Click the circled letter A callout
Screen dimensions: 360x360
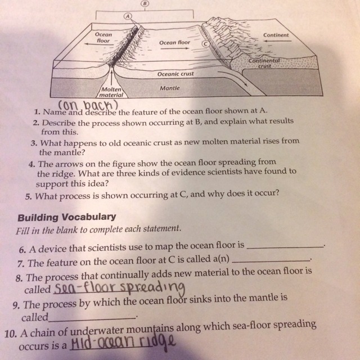coord(128,16)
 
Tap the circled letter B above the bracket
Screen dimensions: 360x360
coord(145,3)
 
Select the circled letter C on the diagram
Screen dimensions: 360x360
coord(205,44)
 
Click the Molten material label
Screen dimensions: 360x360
coord(111,92)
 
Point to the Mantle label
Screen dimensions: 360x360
coord(170,88)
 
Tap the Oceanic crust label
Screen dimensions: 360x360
coord(175,74)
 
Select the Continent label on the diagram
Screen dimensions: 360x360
coord(276,35)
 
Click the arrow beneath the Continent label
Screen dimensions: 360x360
coord(277,41)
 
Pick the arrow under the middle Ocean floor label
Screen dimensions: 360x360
coord(174,48)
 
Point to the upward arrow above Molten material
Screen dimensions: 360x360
coord(112,78)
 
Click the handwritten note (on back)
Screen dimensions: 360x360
coord(88,105)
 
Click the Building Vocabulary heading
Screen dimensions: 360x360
coord(67,217)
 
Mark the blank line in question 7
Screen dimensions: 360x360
coord(271,261)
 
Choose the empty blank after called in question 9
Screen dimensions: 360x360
coord(92,319)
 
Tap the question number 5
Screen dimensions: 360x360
coord(29,197)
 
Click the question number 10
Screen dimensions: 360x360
coord(11,334)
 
